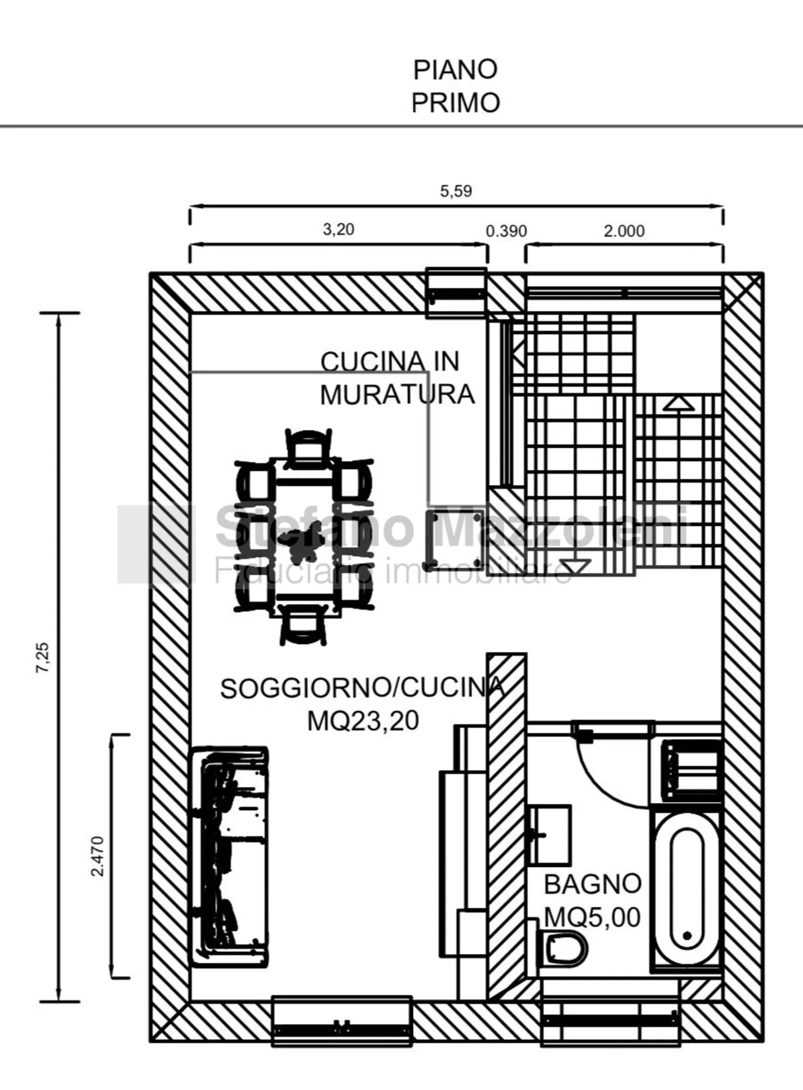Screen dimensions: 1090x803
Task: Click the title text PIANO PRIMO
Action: tap(455, 86)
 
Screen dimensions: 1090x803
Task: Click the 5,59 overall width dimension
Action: tap(456, 191)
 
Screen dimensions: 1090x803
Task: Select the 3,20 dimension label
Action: tap(338, 229)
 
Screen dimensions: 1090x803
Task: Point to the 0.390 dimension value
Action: tap(506, 231)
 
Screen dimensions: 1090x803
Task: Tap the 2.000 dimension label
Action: tap(624, 231)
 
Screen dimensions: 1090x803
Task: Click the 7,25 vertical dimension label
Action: tap(43, 658)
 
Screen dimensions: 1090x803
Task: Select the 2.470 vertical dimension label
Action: tap(98, 856)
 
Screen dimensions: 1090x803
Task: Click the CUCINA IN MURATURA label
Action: tap(396, 378)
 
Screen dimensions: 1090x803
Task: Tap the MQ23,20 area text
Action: tap(363, 721)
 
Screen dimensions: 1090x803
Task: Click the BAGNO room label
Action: tap(592, 884)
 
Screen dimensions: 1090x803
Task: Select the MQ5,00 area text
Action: tap(592, 917)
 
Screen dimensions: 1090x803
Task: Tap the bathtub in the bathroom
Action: tap(686, 889)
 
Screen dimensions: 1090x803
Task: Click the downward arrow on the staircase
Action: tap(574, 566)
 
